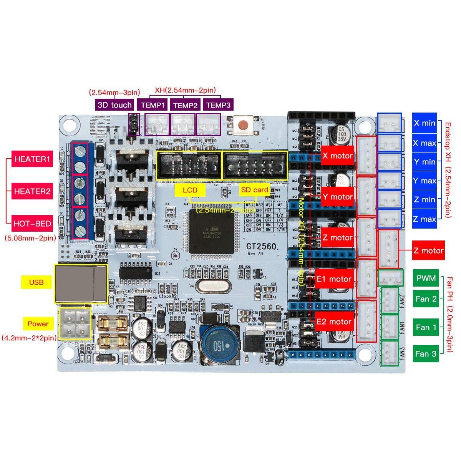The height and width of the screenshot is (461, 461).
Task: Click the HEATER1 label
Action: click(32, 160)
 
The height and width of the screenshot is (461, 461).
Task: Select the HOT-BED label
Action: click(32, 224)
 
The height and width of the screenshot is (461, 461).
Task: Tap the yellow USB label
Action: click(36, 282)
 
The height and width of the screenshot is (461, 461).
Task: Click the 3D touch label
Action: click(114, 105)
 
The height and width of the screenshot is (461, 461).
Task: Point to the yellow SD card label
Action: click(255, 190)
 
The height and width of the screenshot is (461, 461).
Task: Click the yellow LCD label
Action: click(190, 190)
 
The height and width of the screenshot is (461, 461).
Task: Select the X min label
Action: click(425, 123)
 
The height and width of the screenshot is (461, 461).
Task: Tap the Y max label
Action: click(425, 181)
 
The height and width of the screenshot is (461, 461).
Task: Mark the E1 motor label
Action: click(334, 279)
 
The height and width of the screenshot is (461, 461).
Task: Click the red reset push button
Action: click(243, 125)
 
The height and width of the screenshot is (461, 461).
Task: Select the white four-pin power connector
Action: click(75, 323)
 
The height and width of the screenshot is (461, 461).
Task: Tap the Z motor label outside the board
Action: click(428, 251)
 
